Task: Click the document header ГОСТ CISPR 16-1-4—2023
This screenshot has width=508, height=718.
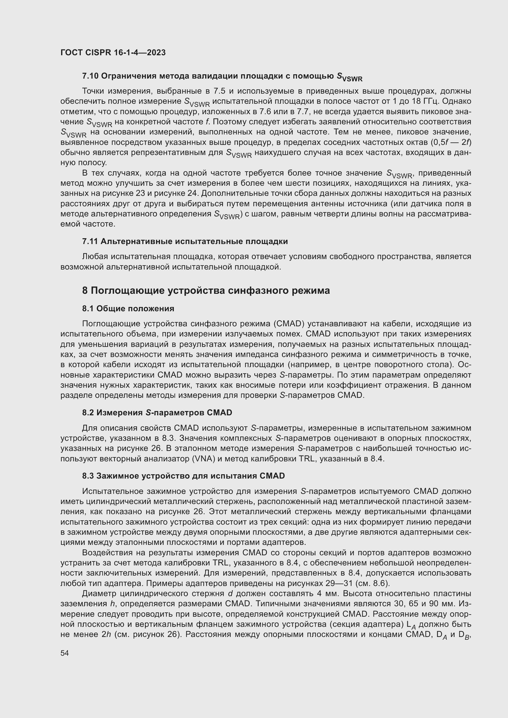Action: point(113,52)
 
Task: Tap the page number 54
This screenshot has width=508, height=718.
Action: point(64,653)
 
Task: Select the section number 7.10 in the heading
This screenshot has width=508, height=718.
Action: point(90,76)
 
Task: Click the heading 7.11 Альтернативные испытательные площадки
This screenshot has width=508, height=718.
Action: point(185,241)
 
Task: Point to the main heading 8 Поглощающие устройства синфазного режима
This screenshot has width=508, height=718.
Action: point(206,290)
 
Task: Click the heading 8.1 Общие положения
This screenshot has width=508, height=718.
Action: point(128,309)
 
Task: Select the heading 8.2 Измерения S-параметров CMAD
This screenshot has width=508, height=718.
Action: point(157,413)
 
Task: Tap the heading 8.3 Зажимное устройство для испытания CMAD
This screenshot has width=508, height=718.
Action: point(183,476)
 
